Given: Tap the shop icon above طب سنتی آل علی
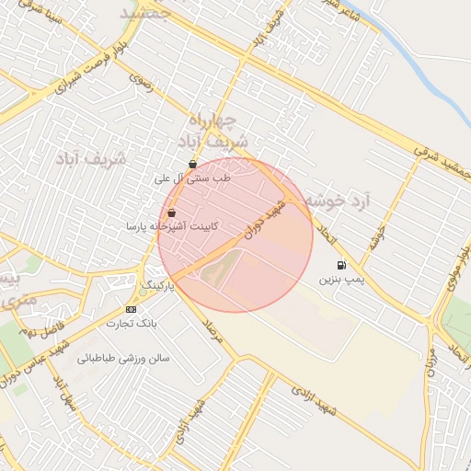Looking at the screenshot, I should pos(192,165).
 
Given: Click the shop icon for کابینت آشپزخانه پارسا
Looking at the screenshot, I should pos(172,213).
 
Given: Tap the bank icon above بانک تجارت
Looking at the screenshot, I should pos(131,309).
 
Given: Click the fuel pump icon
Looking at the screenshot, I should pos(342,265).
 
